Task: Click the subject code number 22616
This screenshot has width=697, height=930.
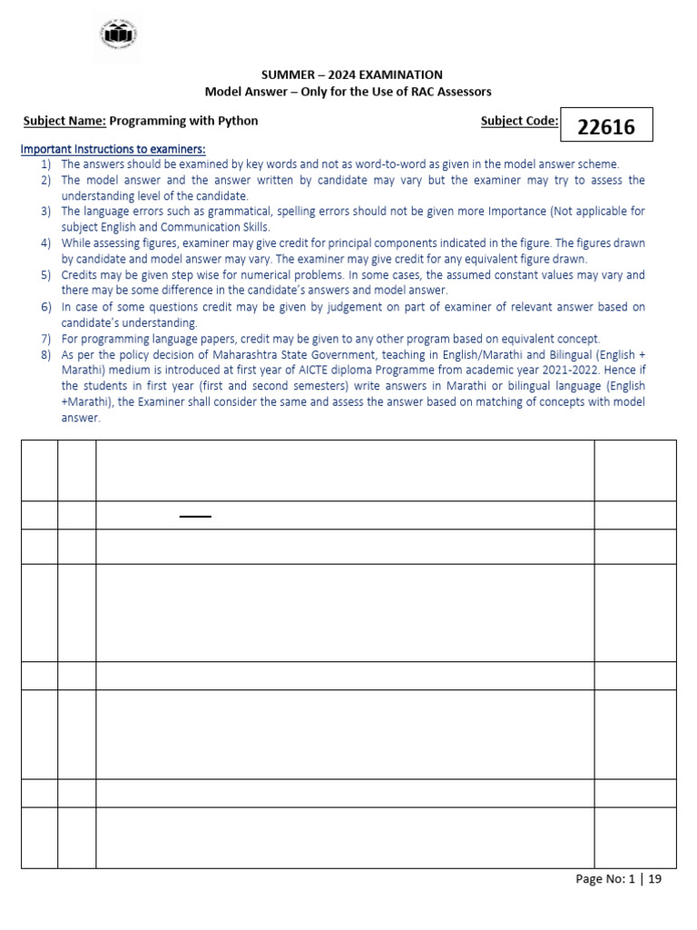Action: [x=606, y=126]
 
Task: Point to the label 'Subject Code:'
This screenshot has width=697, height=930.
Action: [x=519, y=121]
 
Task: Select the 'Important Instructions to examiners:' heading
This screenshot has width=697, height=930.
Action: [x=113, y=149]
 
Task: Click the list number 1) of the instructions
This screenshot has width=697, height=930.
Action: [x=45, y=164]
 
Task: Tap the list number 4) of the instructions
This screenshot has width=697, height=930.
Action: [x=45, y=243]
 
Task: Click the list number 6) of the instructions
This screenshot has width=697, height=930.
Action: [x=45, y=307]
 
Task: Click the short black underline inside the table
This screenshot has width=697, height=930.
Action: [x=195, y=516]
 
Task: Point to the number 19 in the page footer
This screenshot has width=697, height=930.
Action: [x=654, y=879]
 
